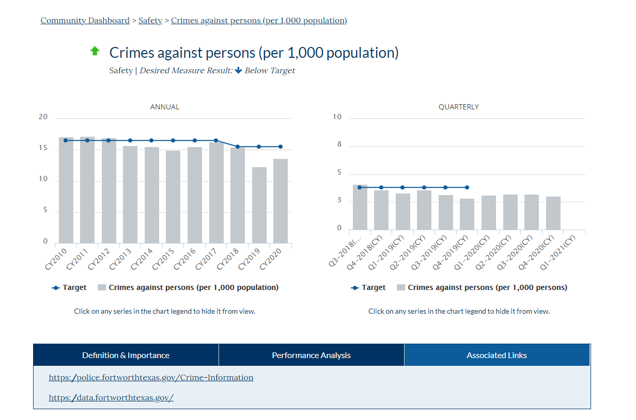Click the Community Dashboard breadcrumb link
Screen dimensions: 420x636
point(85,21)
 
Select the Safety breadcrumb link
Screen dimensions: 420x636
point(150,21)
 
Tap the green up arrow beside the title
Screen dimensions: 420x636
point(95,51)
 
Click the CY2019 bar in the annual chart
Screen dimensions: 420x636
point(259,205)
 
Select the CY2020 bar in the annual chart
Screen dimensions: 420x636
point(281,201)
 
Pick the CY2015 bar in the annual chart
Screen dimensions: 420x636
point(173,197)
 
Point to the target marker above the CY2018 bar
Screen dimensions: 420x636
point(238,147)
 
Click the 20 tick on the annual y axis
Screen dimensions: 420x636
point(43,117)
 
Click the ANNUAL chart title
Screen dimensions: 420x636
point(164,107)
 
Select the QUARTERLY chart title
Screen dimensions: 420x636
point(458,107)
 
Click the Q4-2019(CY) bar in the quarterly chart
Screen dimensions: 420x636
point(467,214)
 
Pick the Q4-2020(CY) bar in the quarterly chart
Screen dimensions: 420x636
point(553,213)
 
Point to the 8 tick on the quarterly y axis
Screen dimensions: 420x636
point(339,145)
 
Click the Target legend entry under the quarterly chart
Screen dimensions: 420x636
point(368,287)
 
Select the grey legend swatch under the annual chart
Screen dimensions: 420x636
point(102,287)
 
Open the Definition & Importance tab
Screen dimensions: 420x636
point(126,355)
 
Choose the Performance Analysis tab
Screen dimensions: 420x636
point(311,355)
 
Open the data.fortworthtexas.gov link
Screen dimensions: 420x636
point(111,397)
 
